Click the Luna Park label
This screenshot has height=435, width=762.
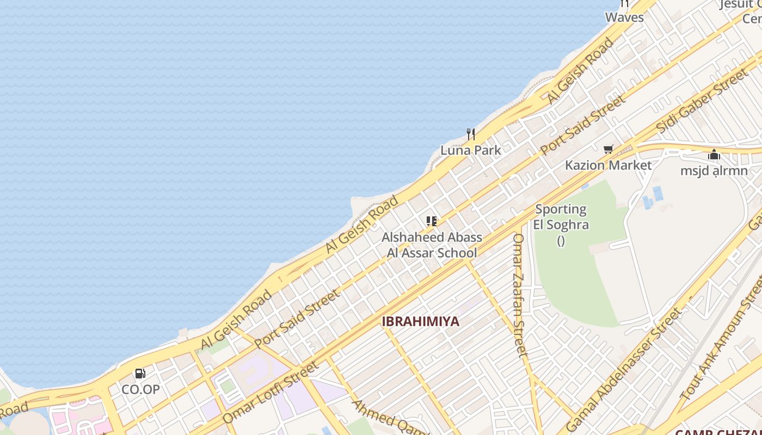pos(470,150)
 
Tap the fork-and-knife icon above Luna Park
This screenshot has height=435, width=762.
pos(471,134)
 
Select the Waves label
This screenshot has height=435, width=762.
pos(624,17)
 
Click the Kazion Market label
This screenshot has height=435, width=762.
pos(608,165)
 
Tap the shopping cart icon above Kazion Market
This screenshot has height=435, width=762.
pos(608,149)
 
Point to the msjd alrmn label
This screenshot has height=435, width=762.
pos(714,171)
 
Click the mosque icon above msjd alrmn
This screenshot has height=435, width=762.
pos(714,155)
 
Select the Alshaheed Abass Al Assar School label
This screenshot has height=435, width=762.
pos(432,245)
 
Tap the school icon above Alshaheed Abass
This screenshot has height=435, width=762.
pos(432,221)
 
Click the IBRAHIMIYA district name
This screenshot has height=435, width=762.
pos(420,321)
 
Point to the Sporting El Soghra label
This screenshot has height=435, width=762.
pos(561,217)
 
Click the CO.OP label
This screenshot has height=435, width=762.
pos(140,389)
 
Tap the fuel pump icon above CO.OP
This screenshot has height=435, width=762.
pos(140,374)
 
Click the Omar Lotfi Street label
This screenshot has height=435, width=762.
pos(271,393)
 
